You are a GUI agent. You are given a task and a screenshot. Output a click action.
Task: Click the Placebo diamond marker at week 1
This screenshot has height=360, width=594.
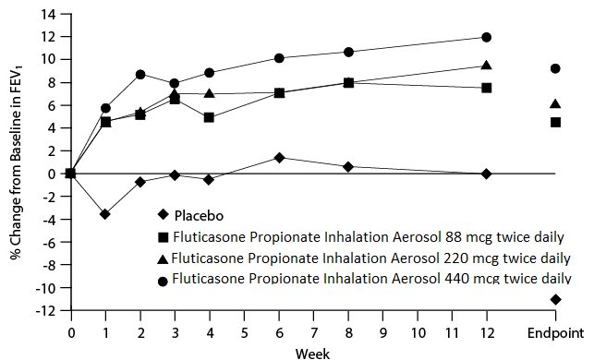tap(105, 214)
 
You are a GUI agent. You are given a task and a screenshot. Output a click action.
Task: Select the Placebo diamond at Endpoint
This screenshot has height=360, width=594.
tap(555, 299)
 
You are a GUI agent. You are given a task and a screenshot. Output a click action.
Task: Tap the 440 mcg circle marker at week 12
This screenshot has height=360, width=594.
tap(487, 37)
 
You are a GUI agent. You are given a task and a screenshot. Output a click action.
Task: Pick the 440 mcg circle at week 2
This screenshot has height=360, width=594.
tap(140, 74)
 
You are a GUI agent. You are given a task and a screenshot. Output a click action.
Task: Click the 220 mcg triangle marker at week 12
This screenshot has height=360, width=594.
tap(487, 66)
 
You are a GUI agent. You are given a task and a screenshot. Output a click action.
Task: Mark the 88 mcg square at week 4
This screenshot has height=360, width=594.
tap(210, 117)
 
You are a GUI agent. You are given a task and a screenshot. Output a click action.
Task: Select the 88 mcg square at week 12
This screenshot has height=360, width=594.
tap(487, 88)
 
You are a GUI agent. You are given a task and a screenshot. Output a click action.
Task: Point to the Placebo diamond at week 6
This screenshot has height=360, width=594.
tap(279, 158)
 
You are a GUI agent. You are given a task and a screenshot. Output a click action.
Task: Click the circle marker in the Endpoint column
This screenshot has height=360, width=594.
tap(555, 68)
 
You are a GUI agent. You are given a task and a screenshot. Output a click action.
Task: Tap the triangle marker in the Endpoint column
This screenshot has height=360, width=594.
tap(555, 103)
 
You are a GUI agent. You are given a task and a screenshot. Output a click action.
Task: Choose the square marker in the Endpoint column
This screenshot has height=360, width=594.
tap(555, 122)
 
